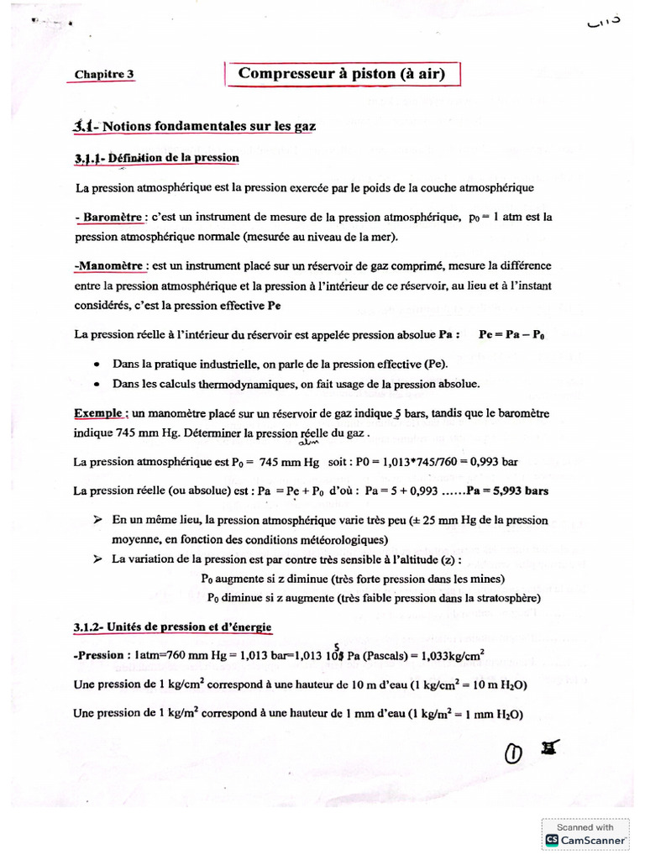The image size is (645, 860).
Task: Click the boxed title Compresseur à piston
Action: tap(341, 74)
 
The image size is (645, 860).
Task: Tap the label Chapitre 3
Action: tap(104, 75)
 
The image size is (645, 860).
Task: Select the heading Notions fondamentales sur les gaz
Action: tap(195, 126)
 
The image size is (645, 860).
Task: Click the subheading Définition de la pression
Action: tap(157, 158)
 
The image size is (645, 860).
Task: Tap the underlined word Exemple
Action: tap(100, 414)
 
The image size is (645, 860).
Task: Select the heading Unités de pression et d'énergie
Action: tap(172, 628)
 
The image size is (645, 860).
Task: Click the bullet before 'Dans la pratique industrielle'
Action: tap(99, 364)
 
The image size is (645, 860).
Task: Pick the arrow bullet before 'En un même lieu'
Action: tap(98, 521)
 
